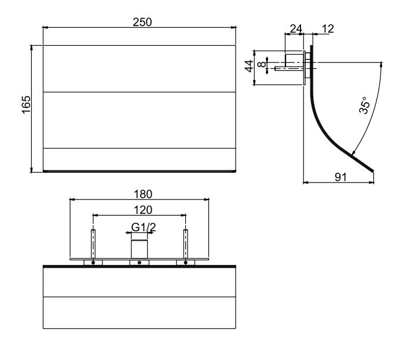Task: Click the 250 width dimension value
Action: pos(142,22)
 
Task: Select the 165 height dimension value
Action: pos(26,105)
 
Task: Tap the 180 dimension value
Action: pos(143,194)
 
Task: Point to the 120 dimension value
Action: pos(143,210)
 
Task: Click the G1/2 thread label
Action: pos(144,227)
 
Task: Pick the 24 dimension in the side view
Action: pos(296,29)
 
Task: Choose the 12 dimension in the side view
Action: pos(328,29)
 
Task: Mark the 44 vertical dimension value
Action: pos(249,66)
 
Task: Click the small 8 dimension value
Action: pos(262,64)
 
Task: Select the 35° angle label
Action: pos(364,106)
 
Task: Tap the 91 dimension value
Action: pos(341,177)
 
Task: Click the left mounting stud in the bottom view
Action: pos(93,244)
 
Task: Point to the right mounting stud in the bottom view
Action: pos(185,244)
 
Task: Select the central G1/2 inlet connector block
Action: pos(140,249)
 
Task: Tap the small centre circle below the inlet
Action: pos(140,263)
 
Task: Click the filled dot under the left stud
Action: pos(93,263)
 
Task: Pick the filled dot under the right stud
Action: pos(185,263)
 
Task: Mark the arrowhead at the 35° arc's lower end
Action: pos(353,153)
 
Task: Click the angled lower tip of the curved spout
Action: pos(372,170)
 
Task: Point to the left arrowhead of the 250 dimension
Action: pos(45,27)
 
